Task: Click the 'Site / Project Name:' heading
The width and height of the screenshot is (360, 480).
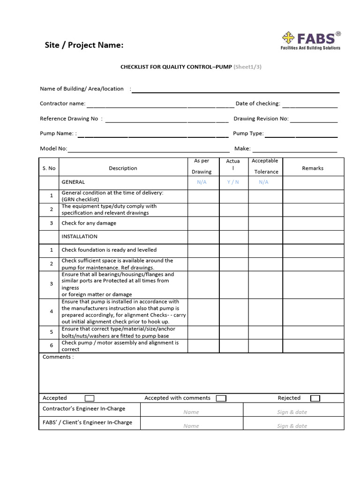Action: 84,45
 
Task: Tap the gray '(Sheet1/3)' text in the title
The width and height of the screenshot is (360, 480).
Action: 247,67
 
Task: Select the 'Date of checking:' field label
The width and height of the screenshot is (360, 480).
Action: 257,104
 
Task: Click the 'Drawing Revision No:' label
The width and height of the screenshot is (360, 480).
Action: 261,119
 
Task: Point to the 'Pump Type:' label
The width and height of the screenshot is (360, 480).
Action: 248,134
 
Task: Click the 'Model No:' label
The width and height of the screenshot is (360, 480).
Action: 53,149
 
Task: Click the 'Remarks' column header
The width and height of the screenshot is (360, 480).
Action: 313,168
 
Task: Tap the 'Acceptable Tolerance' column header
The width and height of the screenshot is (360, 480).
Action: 265,166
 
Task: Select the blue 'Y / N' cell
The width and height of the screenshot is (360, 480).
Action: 233,182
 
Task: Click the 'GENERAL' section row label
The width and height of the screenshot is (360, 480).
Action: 73,182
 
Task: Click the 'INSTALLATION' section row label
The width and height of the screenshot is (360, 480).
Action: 79,236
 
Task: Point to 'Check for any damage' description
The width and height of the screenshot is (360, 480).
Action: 89,223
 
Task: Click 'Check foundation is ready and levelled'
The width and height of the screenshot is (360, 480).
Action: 109,250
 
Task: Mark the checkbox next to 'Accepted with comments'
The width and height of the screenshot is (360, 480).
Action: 221,398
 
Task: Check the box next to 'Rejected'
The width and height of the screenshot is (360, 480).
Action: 315,398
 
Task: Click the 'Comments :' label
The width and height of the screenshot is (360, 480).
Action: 58,357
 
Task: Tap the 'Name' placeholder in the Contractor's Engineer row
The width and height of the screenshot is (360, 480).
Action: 191,412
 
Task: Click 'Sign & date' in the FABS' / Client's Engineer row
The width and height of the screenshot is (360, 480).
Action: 292,426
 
